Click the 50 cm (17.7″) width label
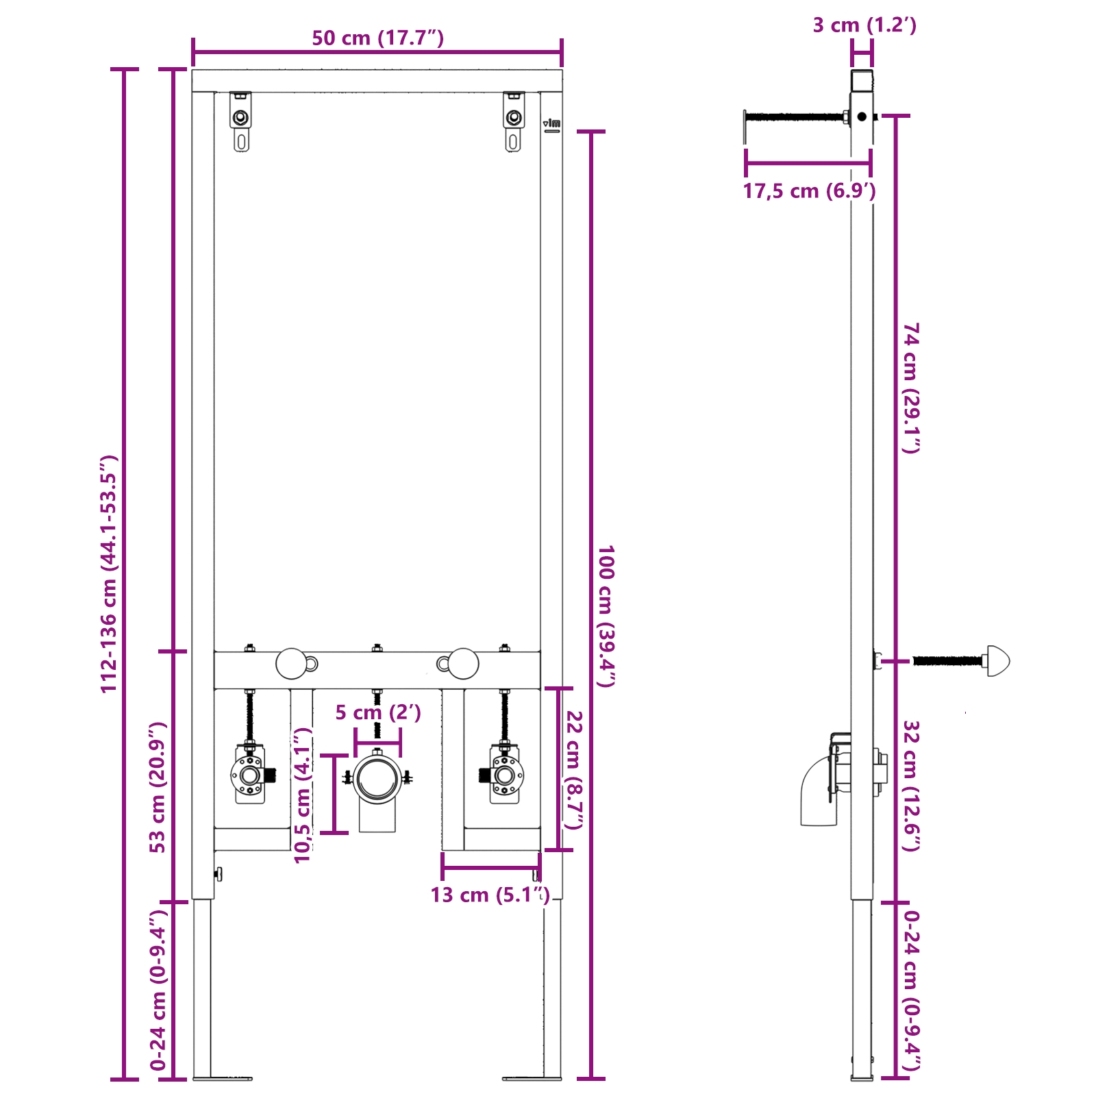tap(377, 38)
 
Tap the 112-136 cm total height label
tap(110, 573)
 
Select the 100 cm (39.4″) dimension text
tap(606, 616)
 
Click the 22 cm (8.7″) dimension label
tap(574, 769)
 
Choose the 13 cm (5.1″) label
tap(490, 895)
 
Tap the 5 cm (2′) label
tap(377, 712)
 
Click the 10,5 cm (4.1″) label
tap(303, 795)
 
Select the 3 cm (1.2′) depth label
tap(864, 25)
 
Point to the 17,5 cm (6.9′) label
tap(809, 191)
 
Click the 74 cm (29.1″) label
tap(911, 388)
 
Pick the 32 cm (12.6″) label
tap(911, 785)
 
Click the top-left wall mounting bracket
tap(240, 121)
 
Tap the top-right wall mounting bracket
tap(514, 121)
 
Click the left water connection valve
tap(250, 776)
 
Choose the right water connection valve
tap(504, 776)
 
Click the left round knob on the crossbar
tap(292, 663)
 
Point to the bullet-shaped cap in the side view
tap(997, 661)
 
